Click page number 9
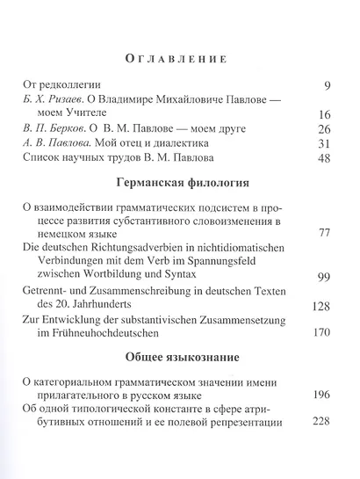(x=325, y=86)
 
